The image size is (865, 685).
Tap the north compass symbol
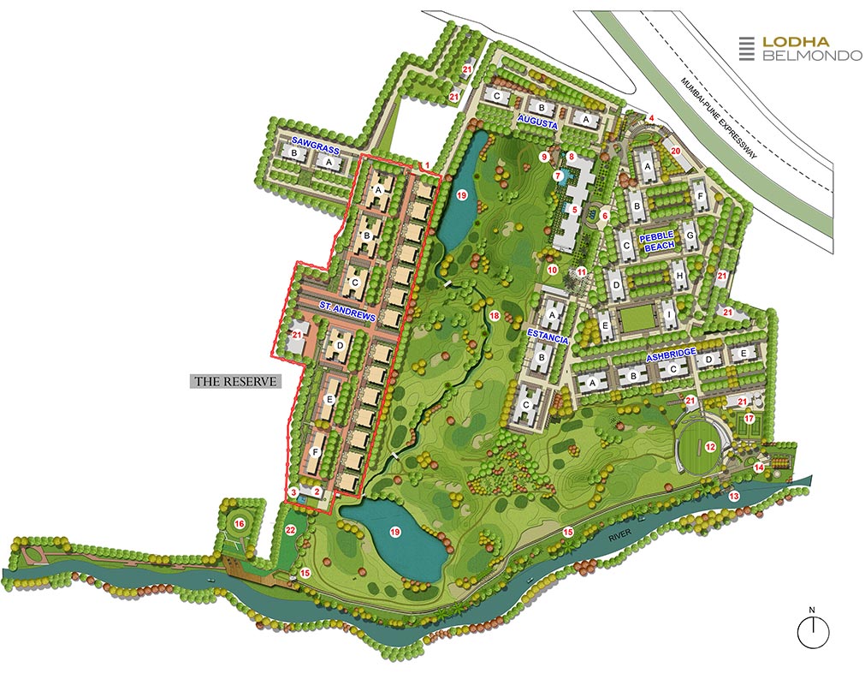813,630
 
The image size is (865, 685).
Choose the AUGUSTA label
537,124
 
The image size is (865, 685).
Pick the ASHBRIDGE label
672,353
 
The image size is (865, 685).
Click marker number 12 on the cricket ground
710,446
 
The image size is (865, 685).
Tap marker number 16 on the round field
240,523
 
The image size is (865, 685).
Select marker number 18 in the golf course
494,316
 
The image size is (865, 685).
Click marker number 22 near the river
290,531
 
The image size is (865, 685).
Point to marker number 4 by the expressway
651,118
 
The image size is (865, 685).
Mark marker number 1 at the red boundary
426,164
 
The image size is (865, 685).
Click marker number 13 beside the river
733,496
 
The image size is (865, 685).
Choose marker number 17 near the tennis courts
749,419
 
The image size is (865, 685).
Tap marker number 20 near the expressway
675,152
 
